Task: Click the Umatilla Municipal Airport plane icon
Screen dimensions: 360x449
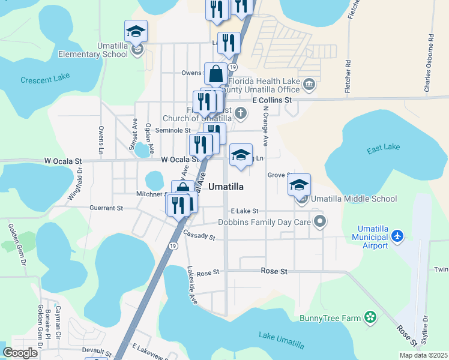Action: click(x=397, y=237)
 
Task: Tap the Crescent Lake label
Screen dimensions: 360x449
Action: click(x=45, y=79)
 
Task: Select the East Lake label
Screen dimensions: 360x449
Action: click(x=383, y=147)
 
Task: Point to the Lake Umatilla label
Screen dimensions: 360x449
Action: click(x=281, y=339)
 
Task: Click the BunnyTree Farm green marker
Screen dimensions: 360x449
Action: click(x=371, y=316)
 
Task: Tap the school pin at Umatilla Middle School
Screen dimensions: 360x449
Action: click(x=299, y=185)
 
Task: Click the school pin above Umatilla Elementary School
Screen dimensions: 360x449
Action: click(x=136, y=31)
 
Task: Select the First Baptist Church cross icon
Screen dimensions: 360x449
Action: click(x=240, y=112)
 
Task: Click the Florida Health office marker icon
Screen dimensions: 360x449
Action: click(x=309, y=83)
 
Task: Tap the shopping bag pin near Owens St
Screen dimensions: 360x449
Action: click(x=215, y=74)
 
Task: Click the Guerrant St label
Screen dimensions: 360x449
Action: click(x=102, y=208)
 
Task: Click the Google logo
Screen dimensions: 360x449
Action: click(x=20, y=353)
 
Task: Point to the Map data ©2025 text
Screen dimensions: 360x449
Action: click(x=423, y=355)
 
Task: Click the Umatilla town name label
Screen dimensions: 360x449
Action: click(x=226, y=187)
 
